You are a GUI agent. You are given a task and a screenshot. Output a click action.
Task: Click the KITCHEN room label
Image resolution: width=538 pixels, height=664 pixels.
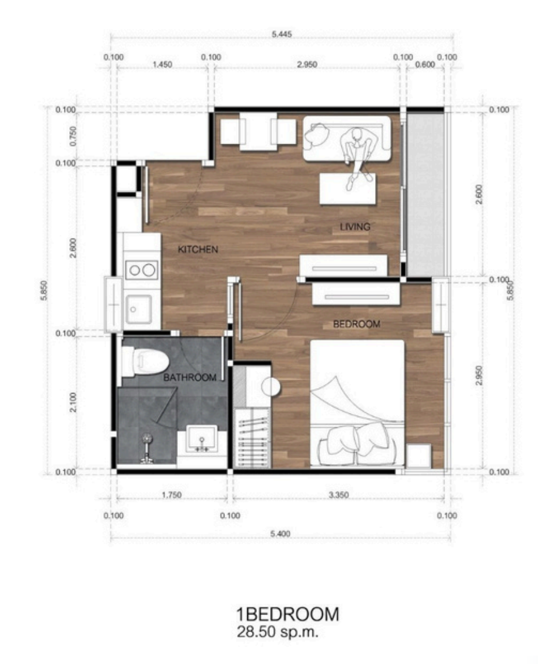198,249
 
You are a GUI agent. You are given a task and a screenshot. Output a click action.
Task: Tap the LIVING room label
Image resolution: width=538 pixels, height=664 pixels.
355,227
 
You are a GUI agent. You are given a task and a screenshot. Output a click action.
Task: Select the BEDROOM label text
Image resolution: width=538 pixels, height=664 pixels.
356,324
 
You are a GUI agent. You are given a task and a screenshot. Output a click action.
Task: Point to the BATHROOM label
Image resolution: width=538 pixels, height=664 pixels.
190,377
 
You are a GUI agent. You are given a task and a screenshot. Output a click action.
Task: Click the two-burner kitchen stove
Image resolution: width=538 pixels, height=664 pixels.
142,270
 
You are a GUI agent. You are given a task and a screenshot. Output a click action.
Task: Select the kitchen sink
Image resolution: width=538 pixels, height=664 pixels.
138,309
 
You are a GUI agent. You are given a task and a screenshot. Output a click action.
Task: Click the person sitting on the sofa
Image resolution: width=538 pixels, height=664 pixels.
359,157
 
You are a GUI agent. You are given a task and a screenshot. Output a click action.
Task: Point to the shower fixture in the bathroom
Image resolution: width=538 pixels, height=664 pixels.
147,448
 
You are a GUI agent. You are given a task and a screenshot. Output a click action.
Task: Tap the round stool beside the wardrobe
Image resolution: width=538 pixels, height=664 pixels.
271,386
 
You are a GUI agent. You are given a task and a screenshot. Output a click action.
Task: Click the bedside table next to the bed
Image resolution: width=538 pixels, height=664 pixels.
419,456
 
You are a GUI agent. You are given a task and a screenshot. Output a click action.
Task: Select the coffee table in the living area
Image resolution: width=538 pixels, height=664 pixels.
347,189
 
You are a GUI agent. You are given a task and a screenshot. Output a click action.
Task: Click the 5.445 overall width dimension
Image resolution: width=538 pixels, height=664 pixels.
282,34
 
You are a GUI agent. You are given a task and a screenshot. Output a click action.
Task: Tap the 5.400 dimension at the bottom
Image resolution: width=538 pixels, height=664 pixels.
280,534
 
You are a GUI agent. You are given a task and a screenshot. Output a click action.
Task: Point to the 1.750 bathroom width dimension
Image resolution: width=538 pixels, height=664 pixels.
172,494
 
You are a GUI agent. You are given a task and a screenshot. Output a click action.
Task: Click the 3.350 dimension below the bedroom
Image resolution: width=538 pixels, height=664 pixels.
339,494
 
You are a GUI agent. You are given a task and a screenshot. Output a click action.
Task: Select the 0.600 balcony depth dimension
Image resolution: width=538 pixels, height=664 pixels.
425,65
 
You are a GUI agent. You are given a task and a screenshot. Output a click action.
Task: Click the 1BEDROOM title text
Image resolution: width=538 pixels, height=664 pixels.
288,615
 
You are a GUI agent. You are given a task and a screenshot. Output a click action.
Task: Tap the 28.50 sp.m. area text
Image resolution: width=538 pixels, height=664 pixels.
277,632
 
